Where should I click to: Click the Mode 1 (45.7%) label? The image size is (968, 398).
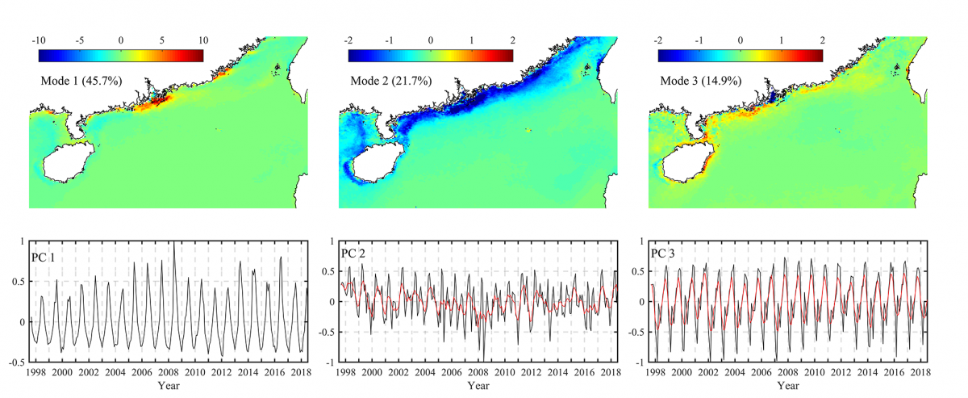tap(77, 82)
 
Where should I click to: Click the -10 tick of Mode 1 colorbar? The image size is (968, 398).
tap(38, 40)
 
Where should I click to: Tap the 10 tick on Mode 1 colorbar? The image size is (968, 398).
tap(203, 40)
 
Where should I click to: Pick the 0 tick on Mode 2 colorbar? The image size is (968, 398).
tap(431, 40)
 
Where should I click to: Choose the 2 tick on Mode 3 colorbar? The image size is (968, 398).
tap(821, 40)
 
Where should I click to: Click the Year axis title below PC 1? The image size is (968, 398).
tap(168, 387)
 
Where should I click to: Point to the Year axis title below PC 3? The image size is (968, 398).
tap(787, 387)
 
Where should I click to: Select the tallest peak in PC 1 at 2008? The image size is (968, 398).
tap(174, 242)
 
